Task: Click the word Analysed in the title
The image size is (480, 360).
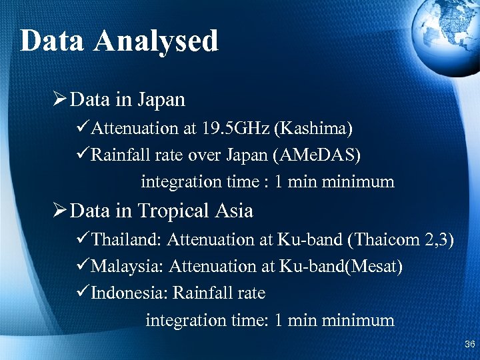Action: coord(157,41)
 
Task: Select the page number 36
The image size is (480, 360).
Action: coord(469,345)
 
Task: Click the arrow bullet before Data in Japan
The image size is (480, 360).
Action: coord(59,100)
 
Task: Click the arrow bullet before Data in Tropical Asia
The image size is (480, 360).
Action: coord(59,211)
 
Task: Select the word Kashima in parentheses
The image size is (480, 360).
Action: coord(318,127)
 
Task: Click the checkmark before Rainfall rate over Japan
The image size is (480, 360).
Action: coord(83,155)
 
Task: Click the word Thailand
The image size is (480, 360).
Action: coord(126,239)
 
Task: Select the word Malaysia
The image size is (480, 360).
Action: coord(127,266)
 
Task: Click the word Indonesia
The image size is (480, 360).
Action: coord(131,293)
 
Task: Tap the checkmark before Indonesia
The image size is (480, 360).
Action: coord(83,293)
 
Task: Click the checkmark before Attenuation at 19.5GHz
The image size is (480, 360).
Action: coord(83,127)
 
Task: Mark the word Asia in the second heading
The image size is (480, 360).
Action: coord(234,211)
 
